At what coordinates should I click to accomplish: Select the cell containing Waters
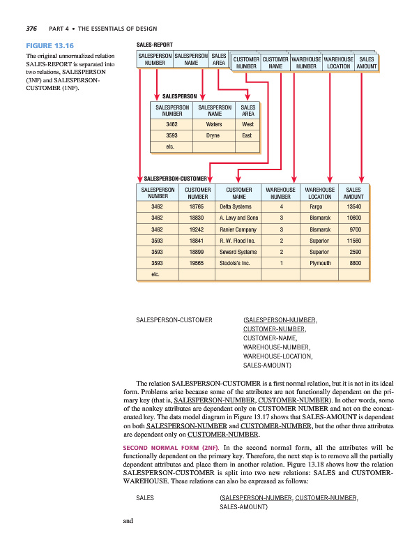(215, 123)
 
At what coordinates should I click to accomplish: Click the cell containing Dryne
(215, 135)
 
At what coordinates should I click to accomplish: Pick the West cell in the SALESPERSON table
(247, 123)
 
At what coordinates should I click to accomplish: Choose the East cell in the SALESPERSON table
(247, 135)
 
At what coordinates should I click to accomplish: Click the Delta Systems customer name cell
(236, 206)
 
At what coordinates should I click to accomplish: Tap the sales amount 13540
(353, 206)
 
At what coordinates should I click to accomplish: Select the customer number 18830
(197, 218)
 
